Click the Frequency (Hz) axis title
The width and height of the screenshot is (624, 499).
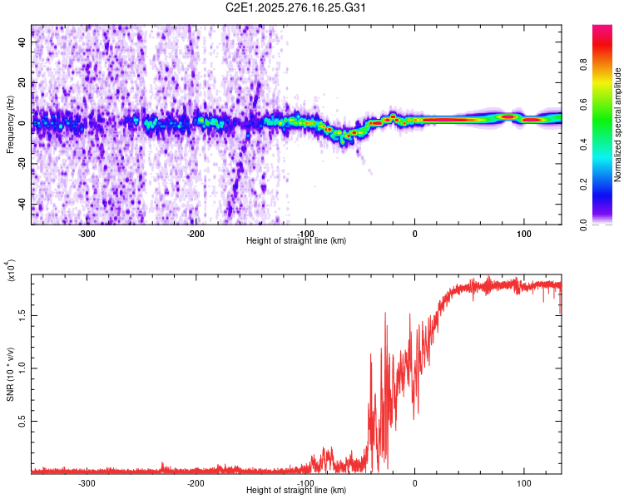point(11,125)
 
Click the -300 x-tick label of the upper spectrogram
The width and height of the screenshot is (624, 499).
point(87,233)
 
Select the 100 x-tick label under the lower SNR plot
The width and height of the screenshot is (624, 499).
point(524,482)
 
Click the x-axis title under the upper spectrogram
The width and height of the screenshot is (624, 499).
point(296,240)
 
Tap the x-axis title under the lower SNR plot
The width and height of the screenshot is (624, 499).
point(296,490)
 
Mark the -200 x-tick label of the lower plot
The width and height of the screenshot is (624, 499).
point(196,482)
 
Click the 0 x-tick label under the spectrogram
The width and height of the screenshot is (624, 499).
point(415,233)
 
